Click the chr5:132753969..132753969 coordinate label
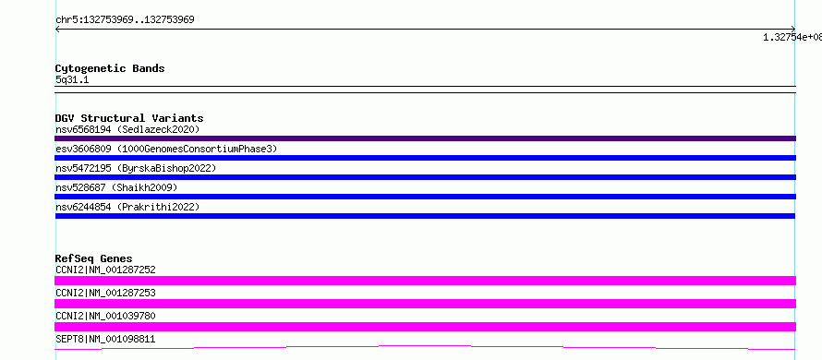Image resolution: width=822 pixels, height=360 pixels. (x=125, y=20)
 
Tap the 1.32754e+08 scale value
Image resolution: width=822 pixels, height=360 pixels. (x=792, y=37)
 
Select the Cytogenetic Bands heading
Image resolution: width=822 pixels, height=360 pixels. (x=110, y=68)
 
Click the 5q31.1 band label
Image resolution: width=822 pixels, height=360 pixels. (x=72, y=79)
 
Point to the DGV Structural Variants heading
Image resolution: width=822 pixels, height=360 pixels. (x=129, y=118)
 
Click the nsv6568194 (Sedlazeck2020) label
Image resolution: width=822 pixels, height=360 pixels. (x=127, y=129)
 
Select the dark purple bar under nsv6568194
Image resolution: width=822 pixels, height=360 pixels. (x=425, y=138)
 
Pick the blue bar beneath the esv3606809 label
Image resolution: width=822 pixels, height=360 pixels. (x=425, y=158)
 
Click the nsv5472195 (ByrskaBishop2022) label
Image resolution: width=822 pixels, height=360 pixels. (x=136, y=168)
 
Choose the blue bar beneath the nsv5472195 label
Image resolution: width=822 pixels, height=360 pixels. (x=425, y=177)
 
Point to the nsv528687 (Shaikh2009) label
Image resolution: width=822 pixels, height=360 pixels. (x=116, y=187)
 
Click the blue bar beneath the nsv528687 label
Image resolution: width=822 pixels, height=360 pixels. (x=425, y=197)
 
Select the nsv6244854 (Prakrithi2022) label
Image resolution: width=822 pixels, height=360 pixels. (x=127, y=207)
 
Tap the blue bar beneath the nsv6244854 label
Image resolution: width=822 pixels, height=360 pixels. (x=425, y=216)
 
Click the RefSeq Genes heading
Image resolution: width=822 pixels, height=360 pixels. (x=93, y=258)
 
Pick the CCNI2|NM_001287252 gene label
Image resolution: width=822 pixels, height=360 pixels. (x=105, y=270)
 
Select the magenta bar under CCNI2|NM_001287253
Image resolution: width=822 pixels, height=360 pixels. (x=425, y=304)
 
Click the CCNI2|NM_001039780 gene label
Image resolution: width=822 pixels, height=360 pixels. (x=105, y=316)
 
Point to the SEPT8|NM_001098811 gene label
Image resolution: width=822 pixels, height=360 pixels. (x=105, y=339)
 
